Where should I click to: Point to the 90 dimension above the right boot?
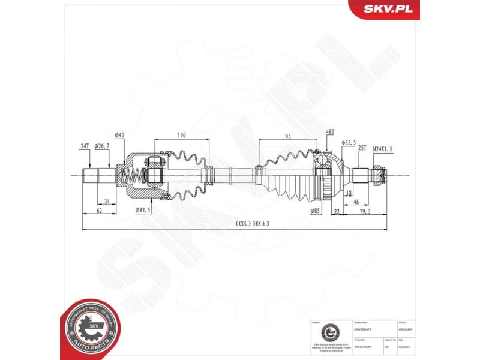288,137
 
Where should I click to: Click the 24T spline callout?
85,146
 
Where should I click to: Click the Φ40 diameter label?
119,136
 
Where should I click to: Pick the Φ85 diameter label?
315,211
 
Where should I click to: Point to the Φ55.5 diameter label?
349,142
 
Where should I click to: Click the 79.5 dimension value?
364,211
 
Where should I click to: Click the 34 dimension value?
107,201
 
